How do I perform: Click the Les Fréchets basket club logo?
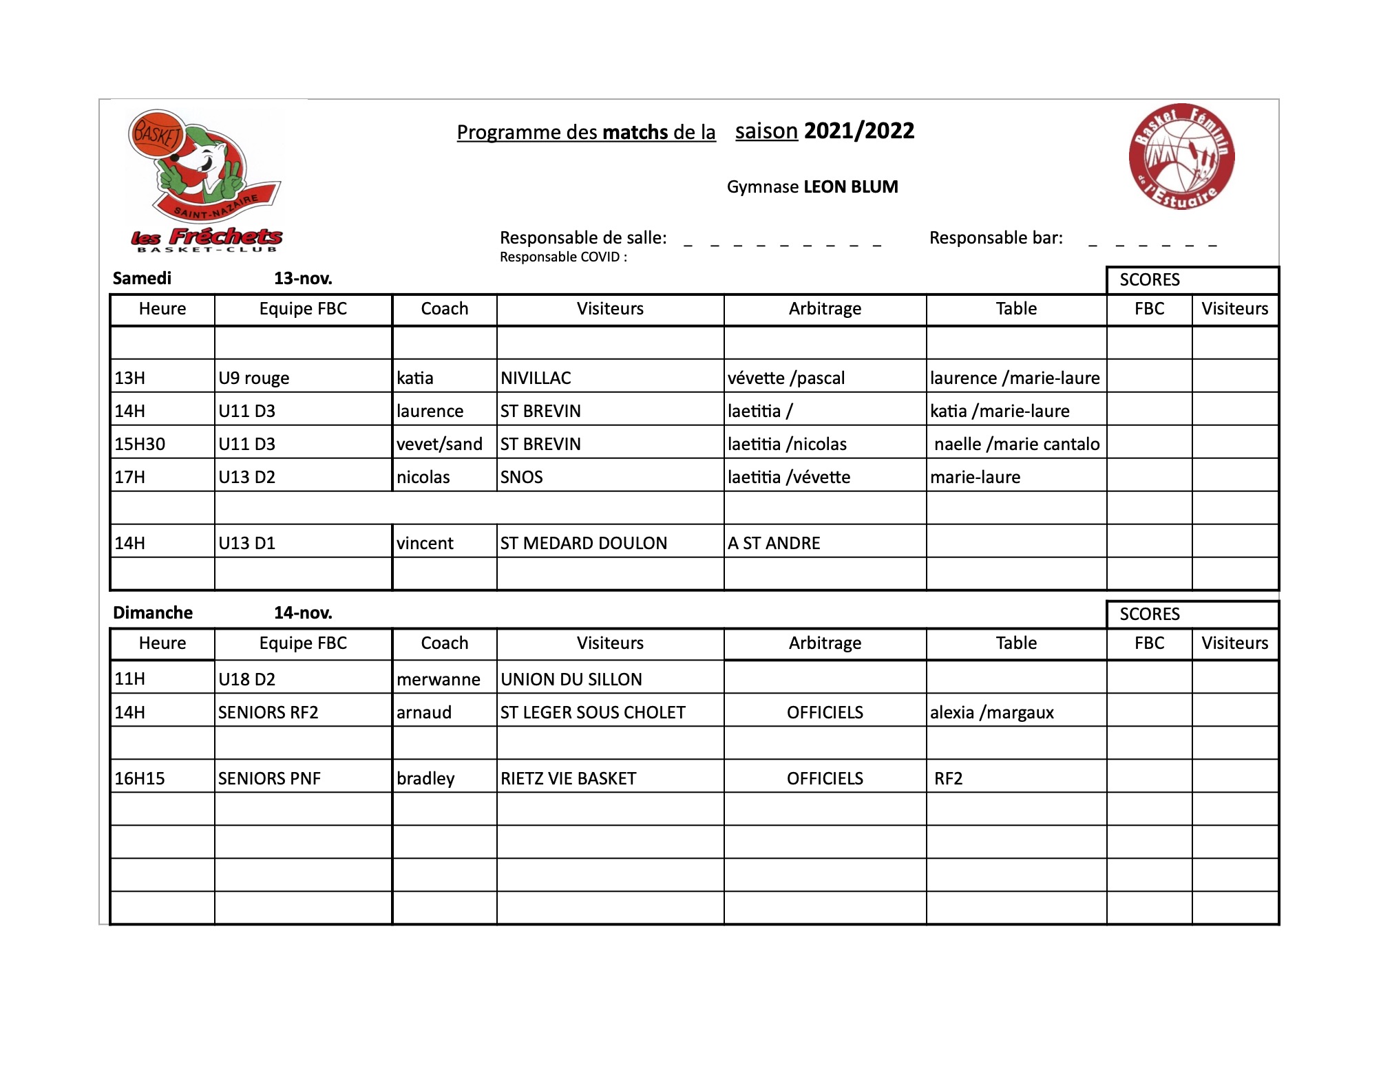pos(205,180)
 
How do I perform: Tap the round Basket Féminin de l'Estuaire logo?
pos(1181,157)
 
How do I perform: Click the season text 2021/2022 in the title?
pos(858,131)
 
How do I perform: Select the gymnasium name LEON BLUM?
pos(850,187)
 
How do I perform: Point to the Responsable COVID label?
pos(563,257)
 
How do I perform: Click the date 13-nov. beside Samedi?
pos(303,279)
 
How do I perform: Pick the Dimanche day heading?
pos(153,613)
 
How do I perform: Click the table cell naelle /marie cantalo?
pos(1017,444)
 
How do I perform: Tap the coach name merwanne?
pos(439,679)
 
